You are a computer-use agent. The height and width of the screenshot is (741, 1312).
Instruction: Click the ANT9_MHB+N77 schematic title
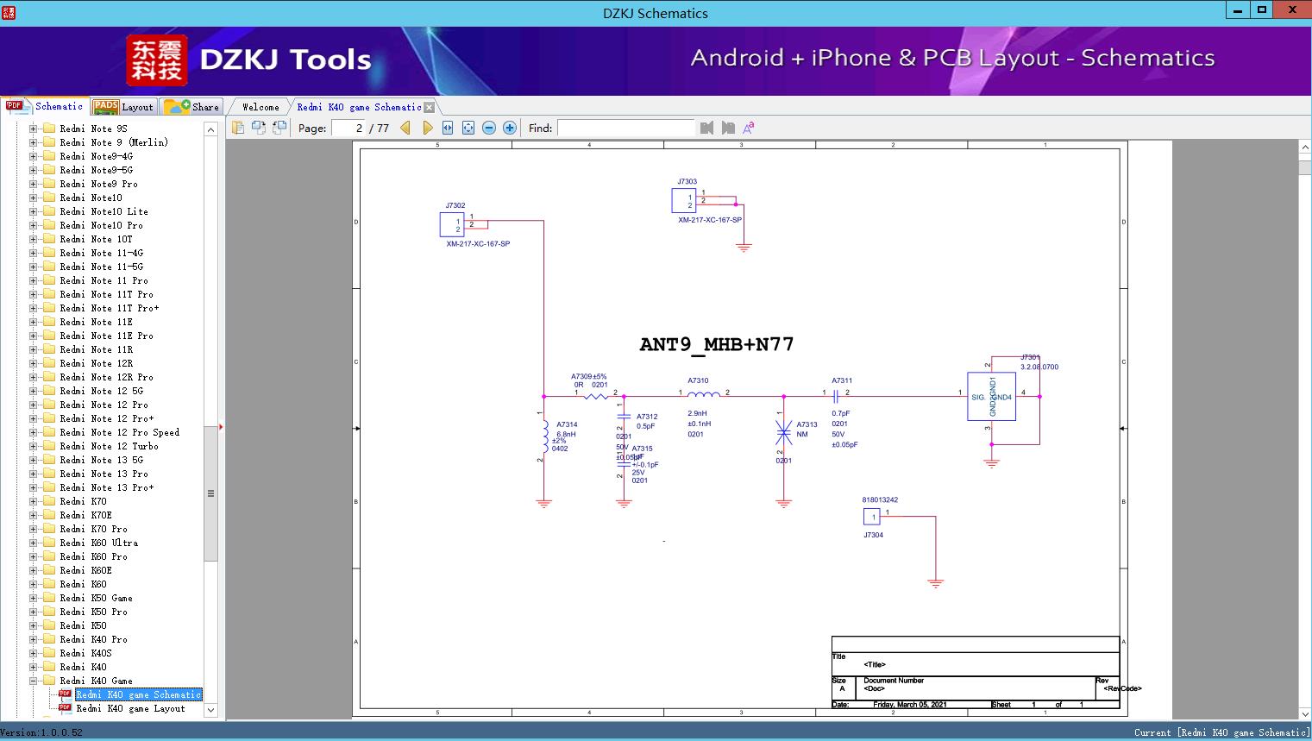(x=716, y=344)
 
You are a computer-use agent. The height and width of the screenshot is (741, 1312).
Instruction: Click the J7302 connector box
(x=452, y=225)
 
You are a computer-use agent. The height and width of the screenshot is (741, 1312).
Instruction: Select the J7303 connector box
(x=683, y=201)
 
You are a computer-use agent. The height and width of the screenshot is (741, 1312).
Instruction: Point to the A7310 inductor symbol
(x=703, y=395)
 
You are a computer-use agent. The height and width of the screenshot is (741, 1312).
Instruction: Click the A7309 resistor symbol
(x=596, y=397)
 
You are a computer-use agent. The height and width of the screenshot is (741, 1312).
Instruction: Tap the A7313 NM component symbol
(x=783, y=432)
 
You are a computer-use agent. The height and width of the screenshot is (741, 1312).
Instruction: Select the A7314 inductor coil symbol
(x=544, y=437)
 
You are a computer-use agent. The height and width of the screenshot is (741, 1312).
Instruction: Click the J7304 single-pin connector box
(x=872, y=517)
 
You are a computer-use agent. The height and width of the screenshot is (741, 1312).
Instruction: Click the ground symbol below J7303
(x=744, y=247)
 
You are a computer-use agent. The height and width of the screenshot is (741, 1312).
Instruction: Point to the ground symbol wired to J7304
(x=935, y=583)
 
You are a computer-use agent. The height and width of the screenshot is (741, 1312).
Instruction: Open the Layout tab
(x=123, y=107)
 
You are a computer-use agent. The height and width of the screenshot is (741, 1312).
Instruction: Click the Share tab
(x=192, y=107)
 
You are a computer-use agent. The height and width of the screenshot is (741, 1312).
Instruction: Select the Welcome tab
(x=260, y=107)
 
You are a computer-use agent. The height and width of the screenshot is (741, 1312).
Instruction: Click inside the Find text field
(x=625, y=129)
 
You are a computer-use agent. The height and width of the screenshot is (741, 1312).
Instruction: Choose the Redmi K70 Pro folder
(x=93, y=529)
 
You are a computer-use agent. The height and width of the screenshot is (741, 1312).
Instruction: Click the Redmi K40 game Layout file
(x=130, y=708)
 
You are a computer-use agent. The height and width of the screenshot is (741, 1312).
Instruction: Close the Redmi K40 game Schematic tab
(x=429, y=107)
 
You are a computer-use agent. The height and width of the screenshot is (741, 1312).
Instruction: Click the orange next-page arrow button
(x=427, y=129)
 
